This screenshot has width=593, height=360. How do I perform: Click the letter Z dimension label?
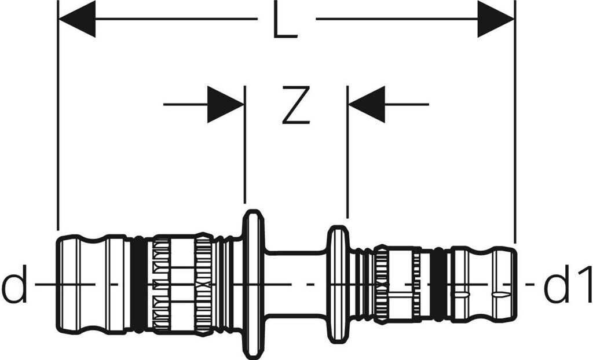[x=296, y=105]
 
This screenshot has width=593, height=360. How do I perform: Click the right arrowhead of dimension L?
[x=496, y=19]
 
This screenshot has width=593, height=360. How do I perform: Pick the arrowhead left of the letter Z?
[x=226, y=105]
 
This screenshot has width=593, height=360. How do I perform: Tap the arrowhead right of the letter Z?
[x=367, y=105]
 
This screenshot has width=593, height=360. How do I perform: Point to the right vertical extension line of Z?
[x=347, y=150]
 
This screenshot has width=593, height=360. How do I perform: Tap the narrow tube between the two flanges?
[x=295, y=284]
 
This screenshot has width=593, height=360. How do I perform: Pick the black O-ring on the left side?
[x=139, y=284]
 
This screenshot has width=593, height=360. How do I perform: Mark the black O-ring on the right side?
[x=440, y=284]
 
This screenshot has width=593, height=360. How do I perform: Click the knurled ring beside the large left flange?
[x=203, y=284]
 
